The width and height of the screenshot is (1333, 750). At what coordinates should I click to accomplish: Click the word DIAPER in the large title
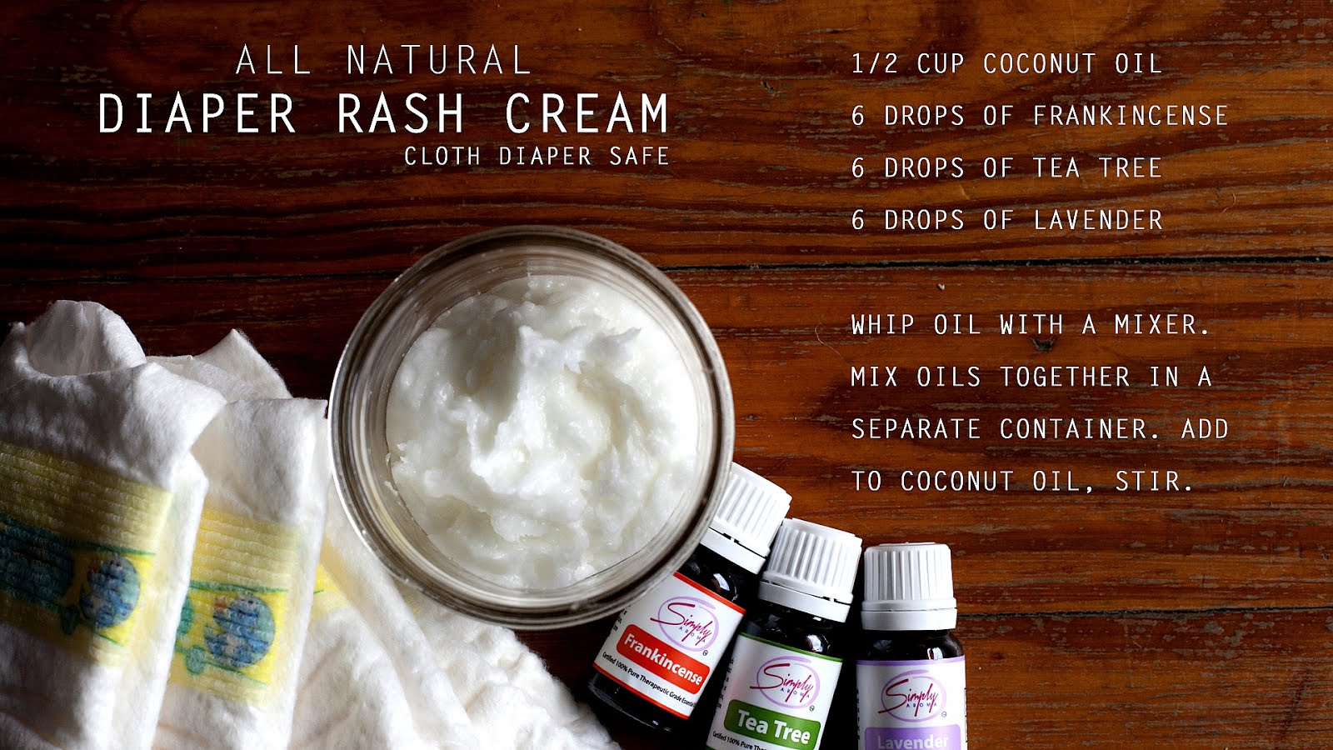point(197,113)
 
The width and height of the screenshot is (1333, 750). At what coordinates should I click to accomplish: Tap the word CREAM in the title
point(587,113)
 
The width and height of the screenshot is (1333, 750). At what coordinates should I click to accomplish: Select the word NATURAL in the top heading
point(439,61)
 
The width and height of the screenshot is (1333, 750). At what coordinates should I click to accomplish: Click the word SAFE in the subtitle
point(639,156)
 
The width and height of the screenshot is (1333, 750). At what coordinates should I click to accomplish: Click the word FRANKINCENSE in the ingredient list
point(1131,116)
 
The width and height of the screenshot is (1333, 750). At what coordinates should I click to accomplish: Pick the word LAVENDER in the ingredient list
point(1097,221)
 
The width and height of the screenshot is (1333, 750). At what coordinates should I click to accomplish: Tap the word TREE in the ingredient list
point(1130,168)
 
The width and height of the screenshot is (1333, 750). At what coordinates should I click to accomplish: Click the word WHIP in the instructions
point(883,325)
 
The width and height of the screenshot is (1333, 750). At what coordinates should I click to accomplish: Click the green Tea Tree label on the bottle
point(772,725)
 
